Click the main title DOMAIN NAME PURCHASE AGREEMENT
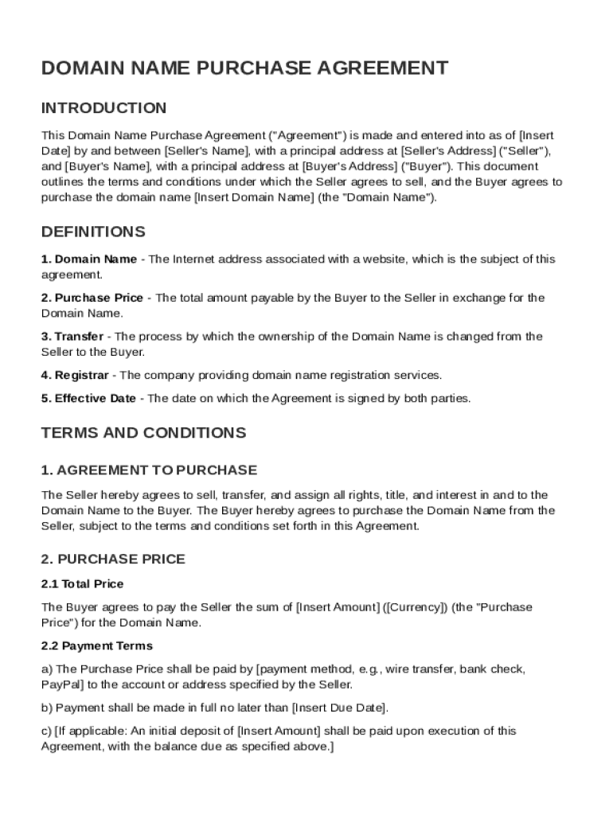pos(244,68)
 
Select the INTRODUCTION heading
pos(103,107)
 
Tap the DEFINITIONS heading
pos(93,232)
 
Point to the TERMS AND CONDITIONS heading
pos(143,433)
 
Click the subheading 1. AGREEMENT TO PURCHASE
pos(149,470)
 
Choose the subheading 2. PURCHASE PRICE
pos(113,559)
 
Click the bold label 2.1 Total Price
pos(82,583)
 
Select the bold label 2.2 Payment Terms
pos(96,645)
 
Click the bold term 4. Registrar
pos(75,375)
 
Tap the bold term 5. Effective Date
pos(88,398)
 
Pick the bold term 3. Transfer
pos(72,336)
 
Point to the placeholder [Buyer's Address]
pos(349,166)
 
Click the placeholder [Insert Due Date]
pos(339,707)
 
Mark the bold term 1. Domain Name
pos(89,259)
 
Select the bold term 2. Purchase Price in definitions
pos(92,298)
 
